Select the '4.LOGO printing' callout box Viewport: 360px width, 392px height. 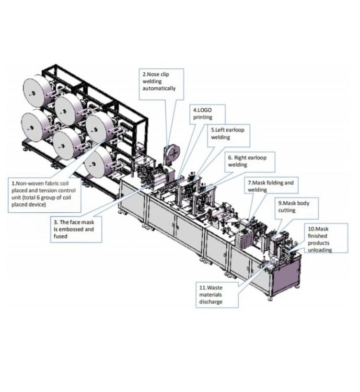coord(209,114)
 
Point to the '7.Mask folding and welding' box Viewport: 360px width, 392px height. coord(270,187)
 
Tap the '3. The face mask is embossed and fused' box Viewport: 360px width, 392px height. coord(76,229)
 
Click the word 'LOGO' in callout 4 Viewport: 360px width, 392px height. coord(205,110)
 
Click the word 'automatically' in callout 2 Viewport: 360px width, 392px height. coord(159,88)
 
